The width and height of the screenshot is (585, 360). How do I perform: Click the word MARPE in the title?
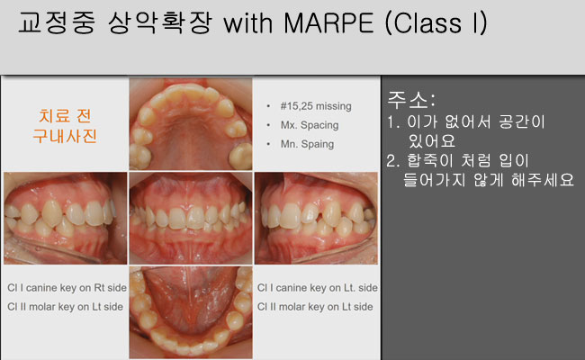328,23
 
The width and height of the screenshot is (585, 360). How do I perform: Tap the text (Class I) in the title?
436,23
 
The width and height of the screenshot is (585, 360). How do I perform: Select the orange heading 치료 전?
65,116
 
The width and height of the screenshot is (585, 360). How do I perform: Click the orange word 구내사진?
65,135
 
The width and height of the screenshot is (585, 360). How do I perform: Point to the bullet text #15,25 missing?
316,106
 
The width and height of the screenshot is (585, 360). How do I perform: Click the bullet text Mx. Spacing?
310,125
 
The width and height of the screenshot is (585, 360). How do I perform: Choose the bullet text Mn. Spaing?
308,144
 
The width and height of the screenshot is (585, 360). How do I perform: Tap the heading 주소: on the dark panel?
411,100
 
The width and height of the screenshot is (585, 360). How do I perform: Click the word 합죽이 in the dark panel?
430,161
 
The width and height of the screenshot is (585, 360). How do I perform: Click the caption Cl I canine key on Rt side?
67,288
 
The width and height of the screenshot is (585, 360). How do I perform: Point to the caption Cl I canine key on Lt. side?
317,288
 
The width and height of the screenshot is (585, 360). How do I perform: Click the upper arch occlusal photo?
191,123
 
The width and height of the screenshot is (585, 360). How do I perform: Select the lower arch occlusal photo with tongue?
191,312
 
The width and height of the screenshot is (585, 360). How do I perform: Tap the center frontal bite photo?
191,218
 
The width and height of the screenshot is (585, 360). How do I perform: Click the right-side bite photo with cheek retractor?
66,218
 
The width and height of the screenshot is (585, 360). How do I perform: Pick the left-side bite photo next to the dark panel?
316,218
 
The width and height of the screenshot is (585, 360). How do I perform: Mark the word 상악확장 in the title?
160,23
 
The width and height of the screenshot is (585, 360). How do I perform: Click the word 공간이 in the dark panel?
522,122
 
